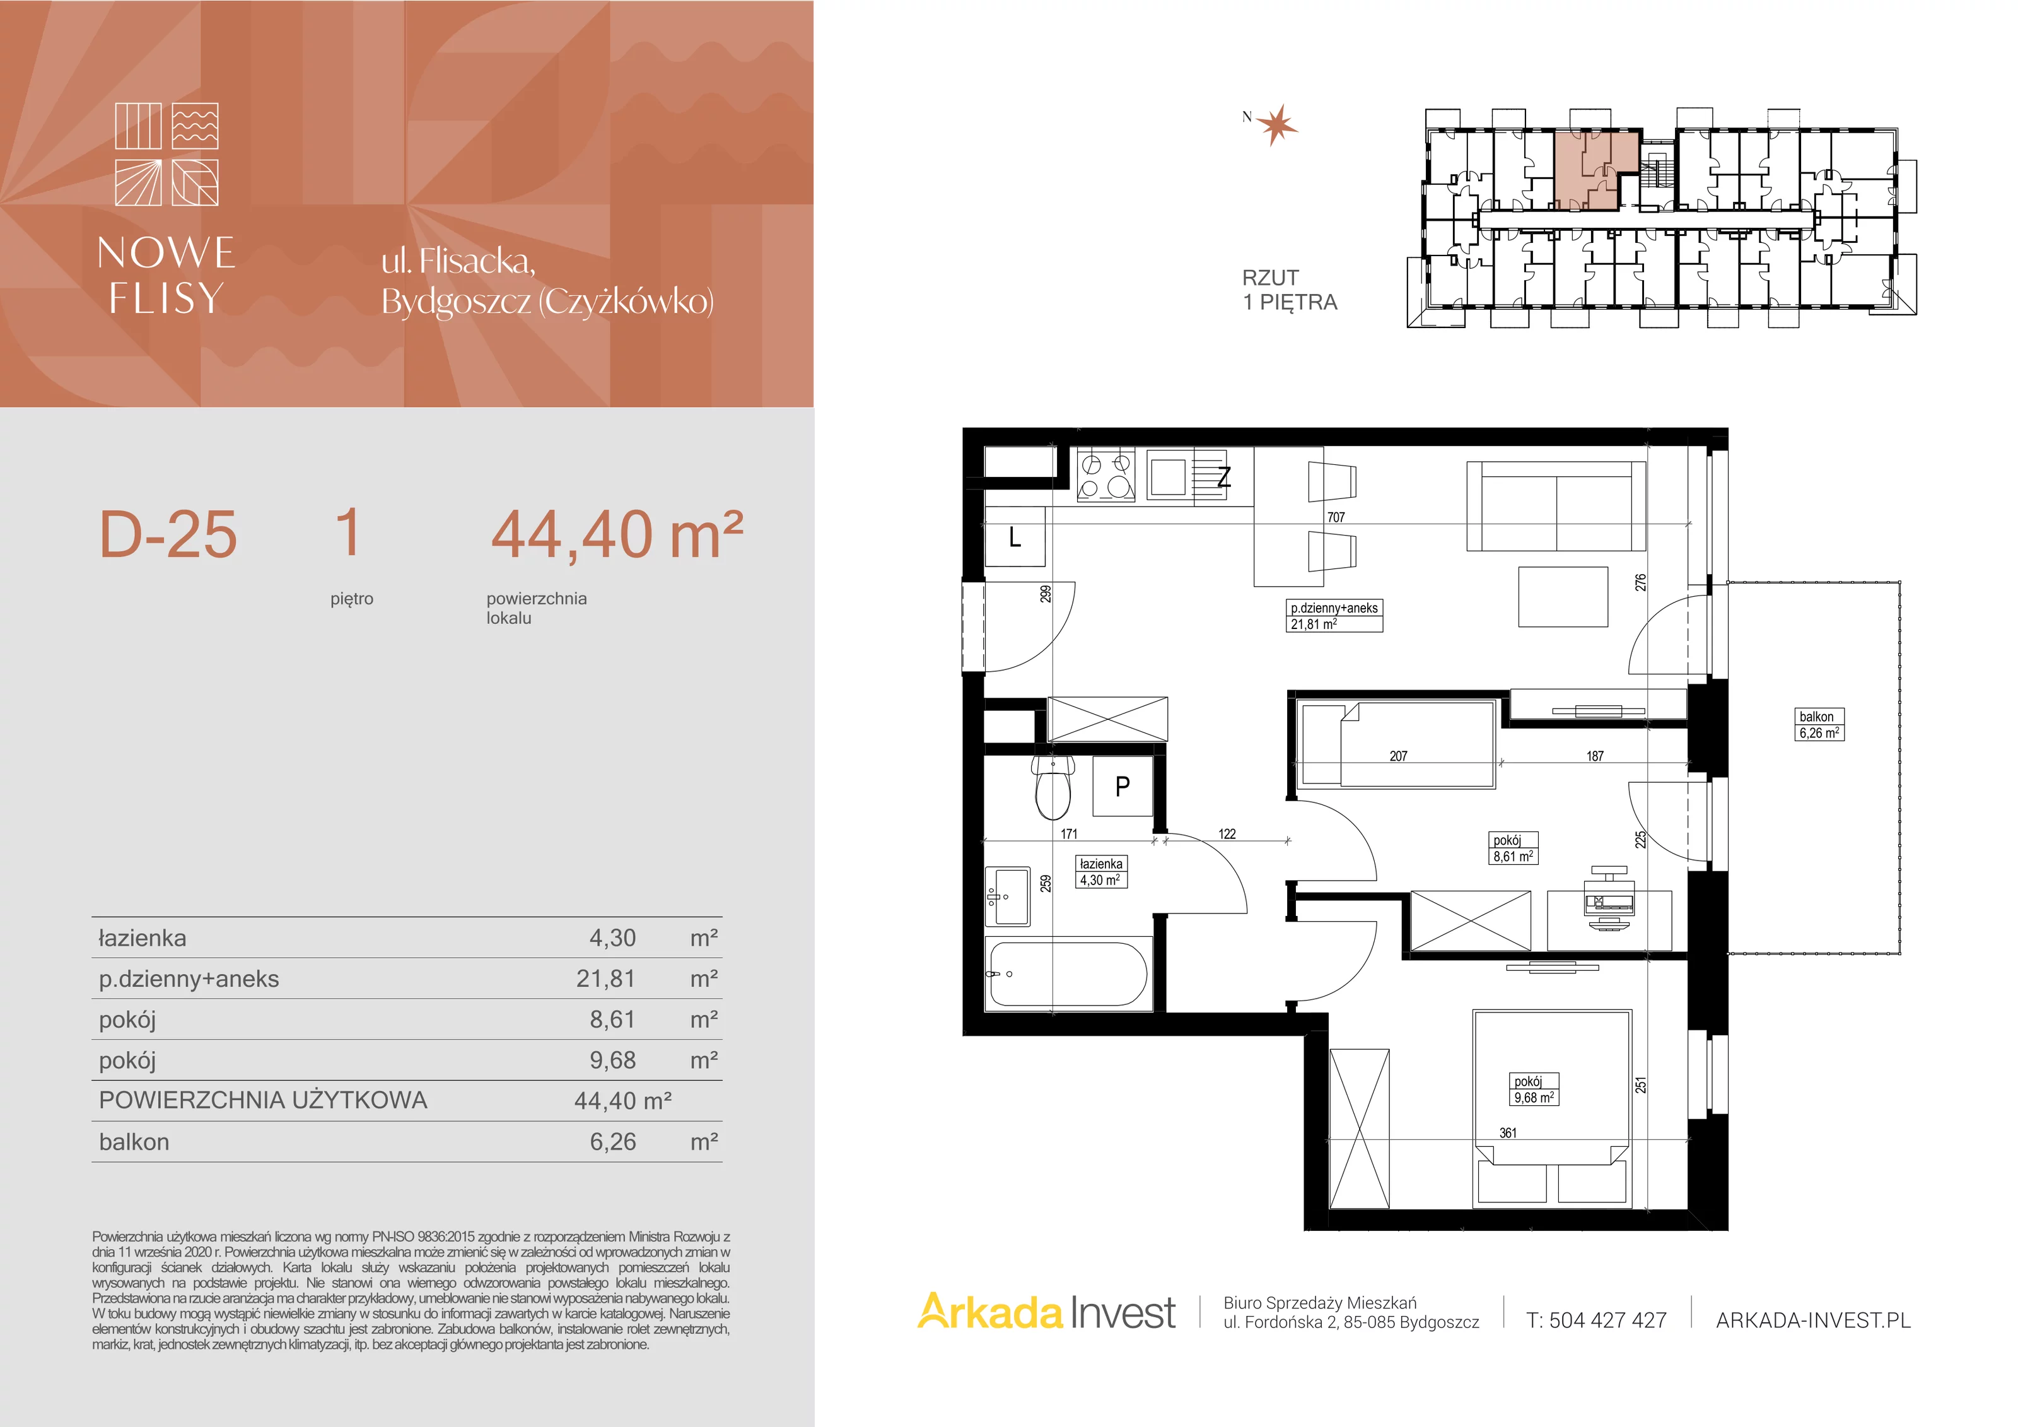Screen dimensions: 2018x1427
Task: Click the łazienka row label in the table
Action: pyautogui.click(x=143, y=938)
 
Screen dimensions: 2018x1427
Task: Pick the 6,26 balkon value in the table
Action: pyautogui.click(x=612, y=1141)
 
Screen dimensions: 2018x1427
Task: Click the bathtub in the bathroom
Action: pyautogui.click(x=1068, y=973)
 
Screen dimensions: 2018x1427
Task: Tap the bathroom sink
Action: pyautogui.click(x=1007, y=897)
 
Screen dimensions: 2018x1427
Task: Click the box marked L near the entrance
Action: pyautogui.click(x=1015, y=537)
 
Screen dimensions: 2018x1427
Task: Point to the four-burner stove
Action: pyautogui.click(x=1105, y=476)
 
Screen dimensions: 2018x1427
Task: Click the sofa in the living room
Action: pyautogui.click(x=1556, y=507)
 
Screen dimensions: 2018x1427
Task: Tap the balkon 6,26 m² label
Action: pyautogui.click(x=1819, y=724)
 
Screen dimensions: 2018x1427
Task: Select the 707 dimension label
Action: pyautogui.click(x=1336, y=517)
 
